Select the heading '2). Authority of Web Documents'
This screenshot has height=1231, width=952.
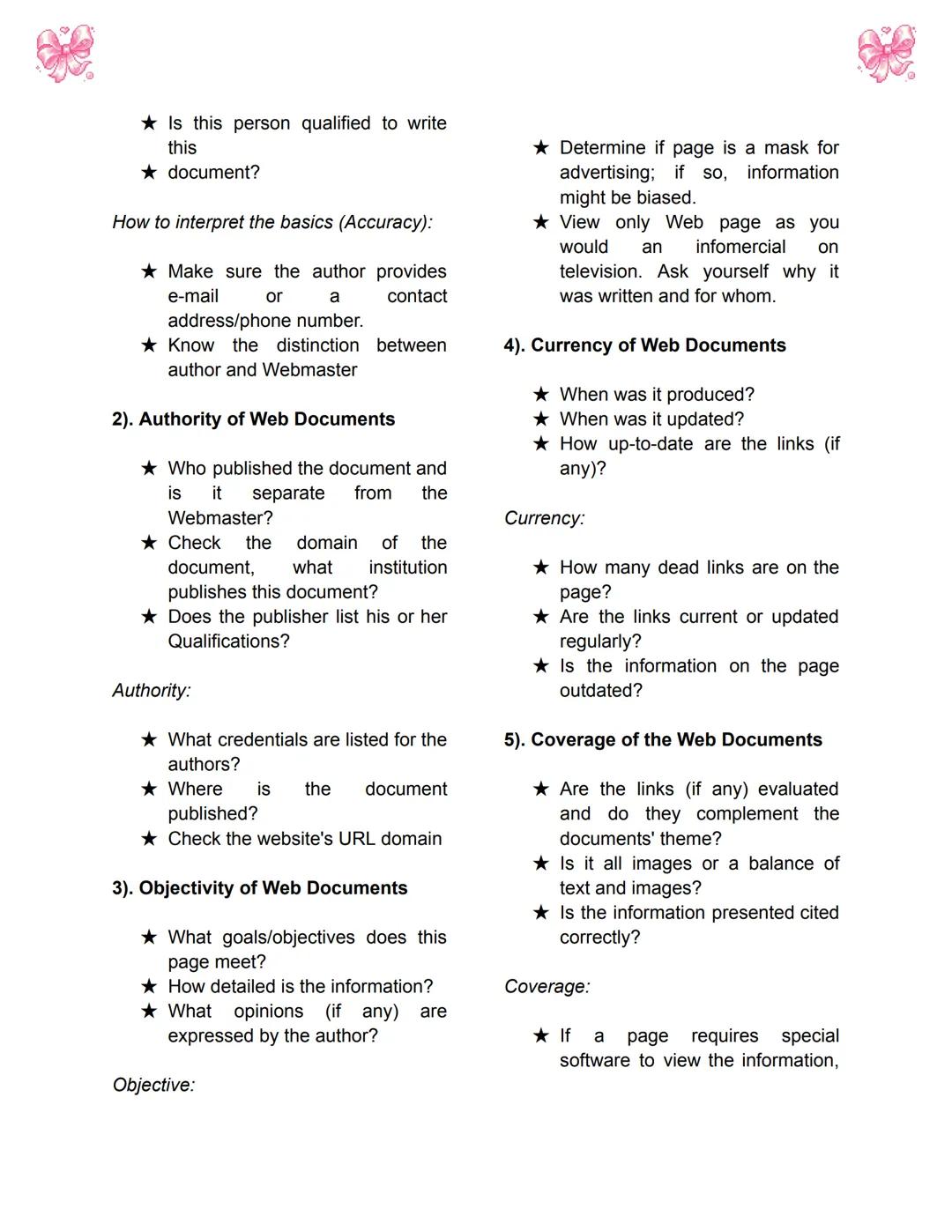tap(253, 419)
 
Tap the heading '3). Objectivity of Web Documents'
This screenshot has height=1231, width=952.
tap(259, 888)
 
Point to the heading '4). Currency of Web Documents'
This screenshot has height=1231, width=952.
tap(644, 345)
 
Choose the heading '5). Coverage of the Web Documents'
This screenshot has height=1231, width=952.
tap(663, 740)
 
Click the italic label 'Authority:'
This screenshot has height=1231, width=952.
tap(152, 691)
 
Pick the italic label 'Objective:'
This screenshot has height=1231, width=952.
tap(153, 1086)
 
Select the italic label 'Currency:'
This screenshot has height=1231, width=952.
tap(544, 518)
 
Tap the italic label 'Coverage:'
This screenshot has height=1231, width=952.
tap(547, 987)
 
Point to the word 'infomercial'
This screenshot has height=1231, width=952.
tap(740, 247)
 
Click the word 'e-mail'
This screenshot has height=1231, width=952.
tap(193, 296)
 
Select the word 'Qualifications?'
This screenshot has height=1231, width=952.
tap(228, 641)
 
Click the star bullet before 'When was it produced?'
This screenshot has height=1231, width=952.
tap(541, 394)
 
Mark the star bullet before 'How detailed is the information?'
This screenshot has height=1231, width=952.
tap(150, 986)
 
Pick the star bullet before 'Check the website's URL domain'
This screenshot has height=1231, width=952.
tap(150, 838)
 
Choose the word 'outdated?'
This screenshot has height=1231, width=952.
tap(601, 691)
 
